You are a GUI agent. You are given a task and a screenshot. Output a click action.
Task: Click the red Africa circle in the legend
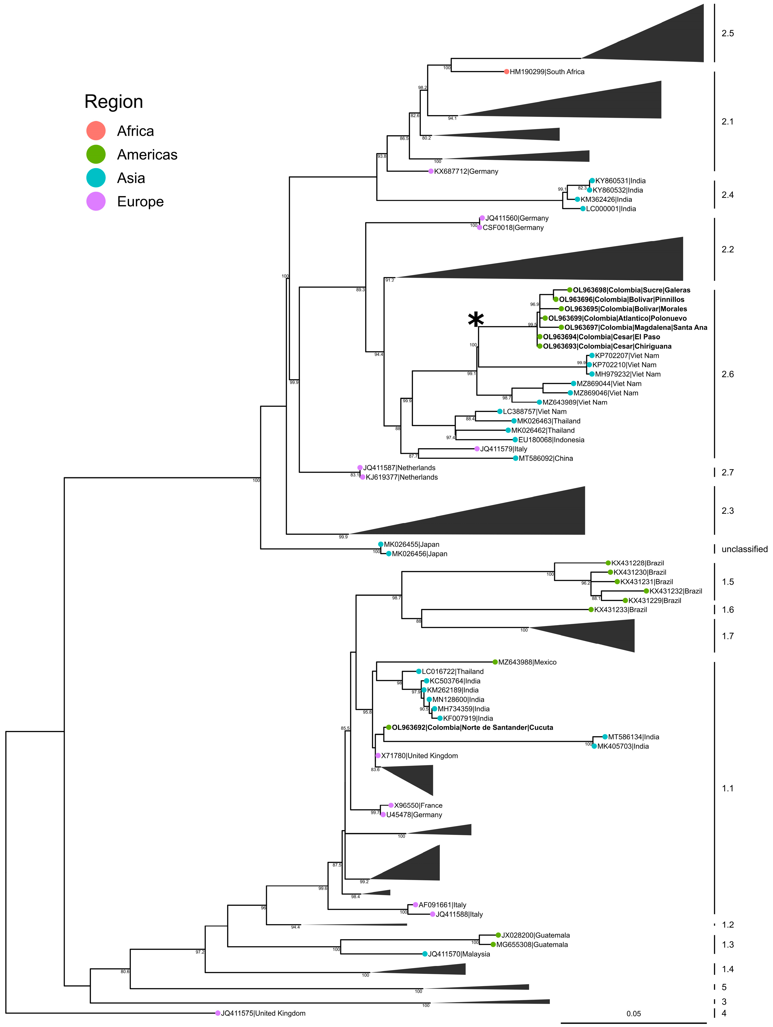(96, 131)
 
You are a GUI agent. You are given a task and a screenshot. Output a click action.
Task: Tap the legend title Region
(114, 102)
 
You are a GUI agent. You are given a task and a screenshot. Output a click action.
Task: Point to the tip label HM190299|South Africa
(547, 72)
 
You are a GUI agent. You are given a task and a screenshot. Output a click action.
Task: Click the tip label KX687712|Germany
(466, 171)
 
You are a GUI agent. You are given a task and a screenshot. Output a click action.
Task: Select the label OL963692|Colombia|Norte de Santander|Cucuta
(472, 728)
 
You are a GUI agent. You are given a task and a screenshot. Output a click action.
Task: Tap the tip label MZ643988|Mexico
(527, 662)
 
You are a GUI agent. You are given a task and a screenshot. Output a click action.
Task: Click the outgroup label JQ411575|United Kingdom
(263, 1013)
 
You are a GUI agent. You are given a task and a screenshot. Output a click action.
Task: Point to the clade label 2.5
(727, 33)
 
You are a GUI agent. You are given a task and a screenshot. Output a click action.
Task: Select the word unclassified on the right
(744, 549)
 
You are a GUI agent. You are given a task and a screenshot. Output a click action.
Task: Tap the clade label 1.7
(727, 636)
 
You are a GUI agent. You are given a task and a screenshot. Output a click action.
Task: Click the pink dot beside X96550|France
(391, 805)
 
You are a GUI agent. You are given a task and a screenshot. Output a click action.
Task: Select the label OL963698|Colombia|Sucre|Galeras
(631, 290)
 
